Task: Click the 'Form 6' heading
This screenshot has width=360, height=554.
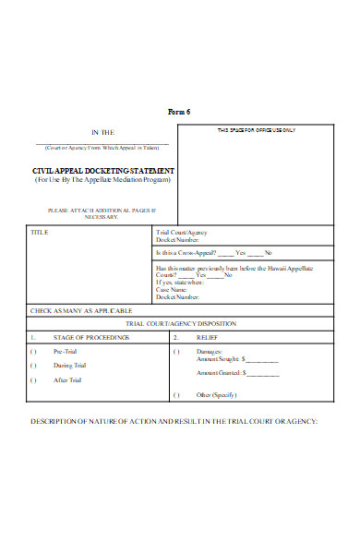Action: pos(178,112)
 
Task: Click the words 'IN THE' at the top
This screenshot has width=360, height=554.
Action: pos(102,132)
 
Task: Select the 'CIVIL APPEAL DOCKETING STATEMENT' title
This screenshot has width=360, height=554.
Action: pos(102,172)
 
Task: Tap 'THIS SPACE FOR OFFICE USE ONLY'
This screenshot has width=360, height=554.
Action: pos(256,130)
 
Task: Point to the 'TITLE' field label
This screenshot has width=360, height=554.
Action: pos(40,232)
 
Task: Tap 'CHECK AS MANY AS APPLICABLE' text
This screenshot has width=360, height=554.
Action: pos(81,310)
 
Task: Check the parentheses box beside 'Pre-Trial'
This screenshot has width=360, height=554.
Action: pos(34,352)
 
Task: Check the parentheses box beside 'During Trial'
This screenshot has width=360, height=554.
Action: pos(34,366)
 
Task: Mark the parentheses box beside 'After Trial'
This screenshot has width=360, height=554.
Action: pos(34,379)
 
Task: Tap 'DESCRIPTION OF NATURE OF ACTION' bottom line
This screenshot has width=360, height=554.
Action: pos(174,421)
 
